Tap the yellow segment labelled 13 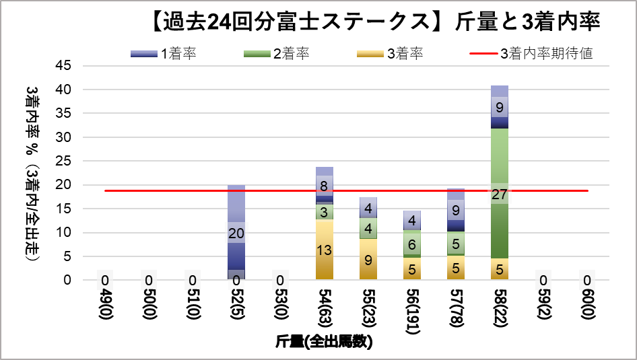[x=325, y=250]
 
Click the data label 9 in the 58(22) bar [x=500, y=107]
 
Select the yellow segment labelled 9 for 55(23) [x=368, y=259]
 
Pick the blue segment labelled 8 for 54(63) [x=325, y=185]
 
